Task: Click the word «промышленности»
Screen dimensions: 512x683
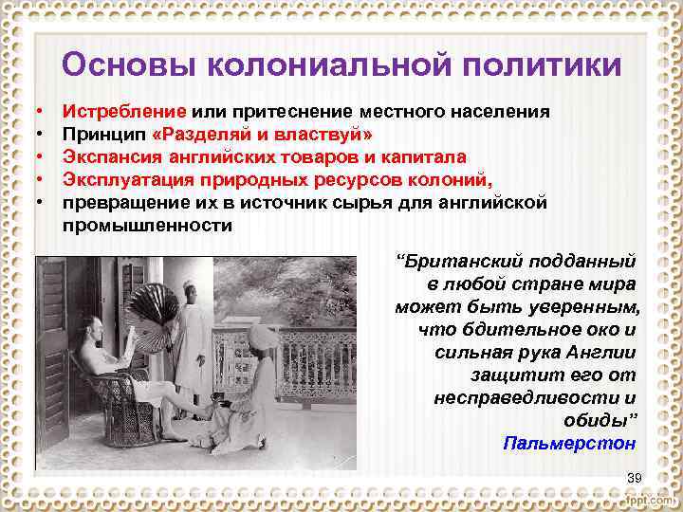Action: [146, 225]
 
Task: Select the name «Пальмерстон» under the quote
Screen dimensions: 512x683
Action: [569, 443]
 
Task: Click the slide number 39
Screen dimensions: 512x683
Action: [635, 476]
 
